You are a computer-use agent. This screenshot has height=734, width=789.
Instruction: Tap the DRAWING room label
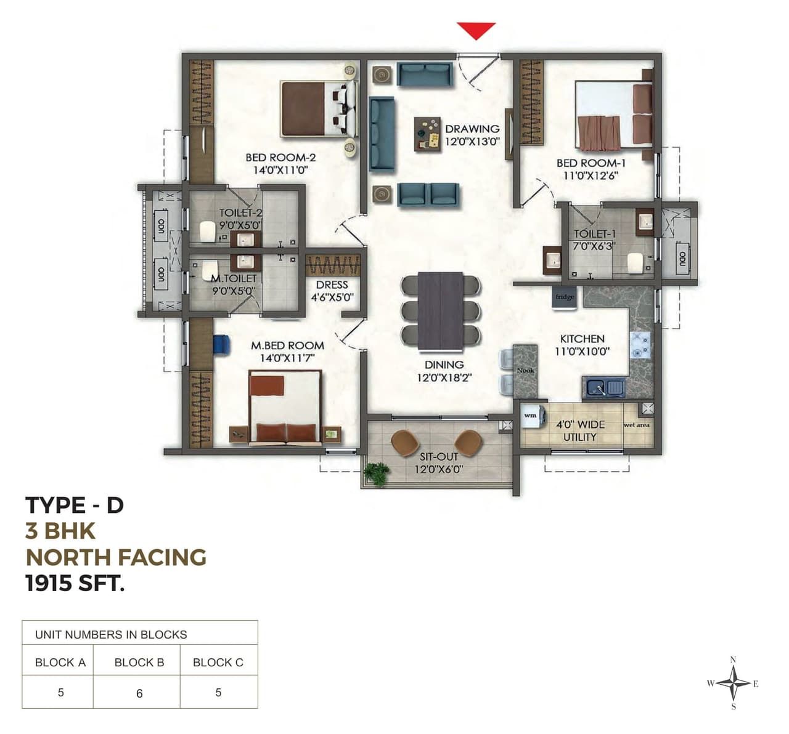click(472, 129)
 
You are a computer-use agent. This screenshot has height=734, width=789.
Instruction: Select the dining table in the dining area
click(440, 310)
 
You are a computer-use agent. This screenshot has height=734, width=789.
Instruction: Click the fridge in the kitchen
click(565, 296)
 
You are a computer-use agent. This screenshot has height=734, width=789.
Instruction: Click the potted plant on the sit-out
click(376, 474)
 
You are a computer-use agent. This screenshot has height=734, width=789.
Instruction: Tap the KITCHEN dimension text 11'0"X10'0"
click(583, 352)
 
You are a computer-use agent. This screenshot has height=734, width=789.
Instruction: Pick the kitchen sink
click(604, 388)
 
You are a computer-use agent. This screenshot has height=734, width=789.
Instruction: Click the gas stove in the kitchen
click(640, 345)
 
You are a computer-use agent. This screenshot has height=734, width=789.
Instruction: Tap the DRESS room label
click(332, 285)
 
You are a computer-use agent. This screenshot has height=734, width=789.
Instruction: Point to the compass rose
click(733, 684)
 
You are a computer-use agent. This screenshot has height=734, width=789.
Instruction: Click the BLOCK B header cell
click(139, 663)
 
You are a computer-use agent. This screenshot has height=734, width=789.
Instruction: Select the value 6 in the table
click(139, 693)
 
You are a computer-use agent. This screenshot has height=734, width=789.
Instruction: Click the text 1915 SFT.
click(75, 583)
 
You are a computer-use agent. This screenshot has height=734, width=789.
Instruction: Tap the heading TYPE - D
click(75, 506)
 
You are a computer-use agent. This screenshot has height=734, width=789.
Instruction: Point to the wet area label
click(636, 425)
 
